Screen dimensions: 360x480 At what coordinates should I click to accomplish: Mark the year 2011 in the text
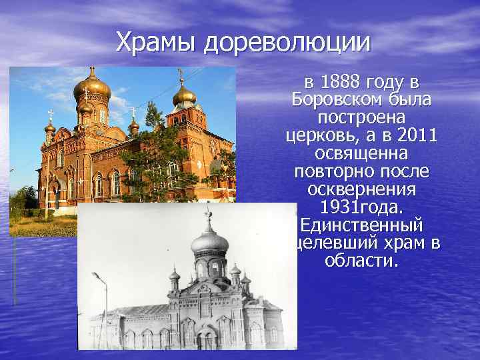click(415, 136)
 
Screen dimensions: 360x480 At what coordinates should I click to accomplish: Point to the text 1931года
click(362, 207)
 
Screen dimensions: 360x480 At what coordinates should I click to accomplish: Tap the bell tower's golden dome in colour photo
click(183, 95)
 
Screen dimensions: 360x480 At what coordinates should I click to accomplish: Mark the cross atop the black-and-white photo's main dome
click(209, 214)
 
